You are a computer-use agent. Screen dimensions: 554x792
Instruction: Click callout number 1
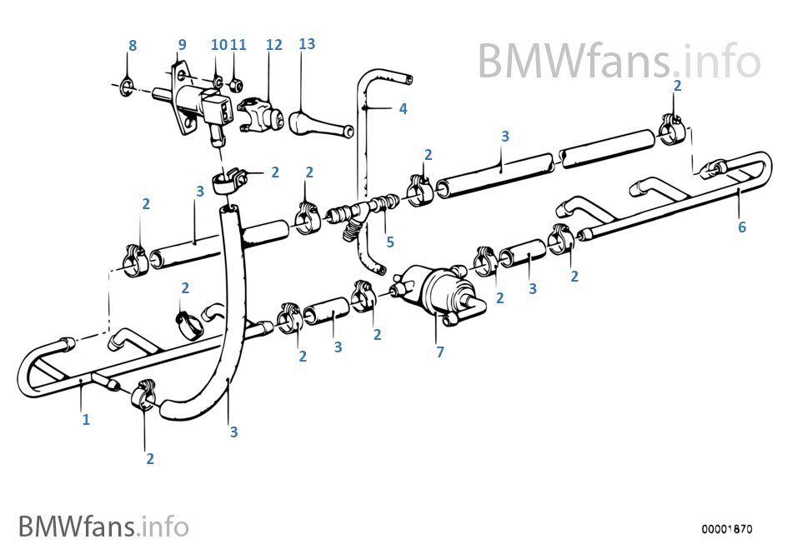coord(85,420)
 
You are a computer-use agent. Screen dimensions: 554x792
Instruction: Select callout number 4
coord(403,109)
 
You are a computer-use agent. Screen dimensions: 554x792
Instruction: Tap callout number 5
coord(389,242)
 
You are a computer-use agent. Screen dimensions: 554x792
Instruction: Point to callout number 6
coord(742,227)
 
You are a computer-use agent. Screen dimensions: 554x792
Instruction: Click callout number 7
coord(440,352)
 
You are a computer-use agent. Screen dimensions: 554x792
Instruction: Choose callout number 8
coord(132,46)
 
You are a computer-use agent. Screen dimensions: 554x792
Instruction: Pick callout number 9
coord(182,44)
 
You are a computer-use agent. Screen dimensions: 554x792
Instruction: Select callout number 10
coord(218,45)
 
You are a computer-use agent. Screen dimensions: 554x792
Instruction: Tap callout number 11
coord(238,45)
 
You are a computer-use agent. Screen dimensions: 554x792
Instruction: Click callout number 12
coord(274,44)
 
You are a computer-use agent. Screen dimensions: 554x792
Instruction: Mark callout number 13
coord(307,43)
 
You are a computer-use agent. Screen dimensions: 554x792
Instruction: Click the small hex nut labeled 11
coord(236,84)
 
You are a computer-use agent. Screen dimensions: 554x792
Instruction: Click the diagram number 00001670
coord(727,529)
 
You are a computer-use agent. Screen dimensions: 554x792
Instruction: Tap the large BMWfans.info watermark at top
coord(619,61)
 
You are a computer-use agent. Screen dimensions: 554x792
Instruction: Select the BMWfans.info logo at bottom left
coord(103,527)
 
